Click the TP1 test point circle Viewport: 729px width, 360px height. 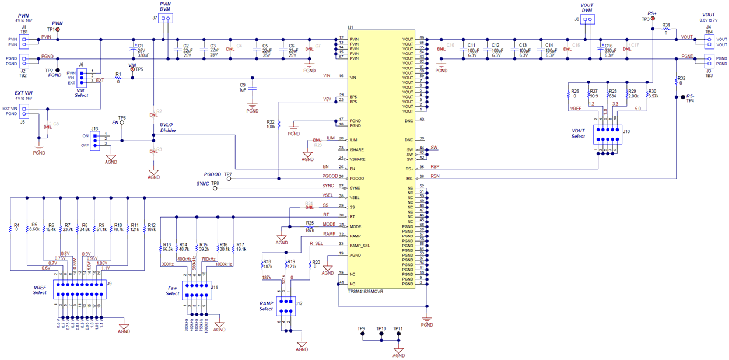(x=58, y=29)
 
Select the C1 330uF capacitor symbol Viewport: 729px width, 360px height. (x=134, y=50)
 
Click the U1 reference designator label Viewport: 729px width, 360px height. (x=351, y=27)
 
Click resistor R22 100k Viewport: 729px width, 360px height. (x=279, y=124)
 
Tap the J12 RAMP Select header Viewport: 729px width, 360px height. (x=286, y=306)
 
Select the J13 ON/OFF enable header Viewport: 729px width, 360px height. (x=95, y=140)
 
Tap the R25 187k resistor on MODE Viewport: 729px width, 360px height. (x=309, y=226)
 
